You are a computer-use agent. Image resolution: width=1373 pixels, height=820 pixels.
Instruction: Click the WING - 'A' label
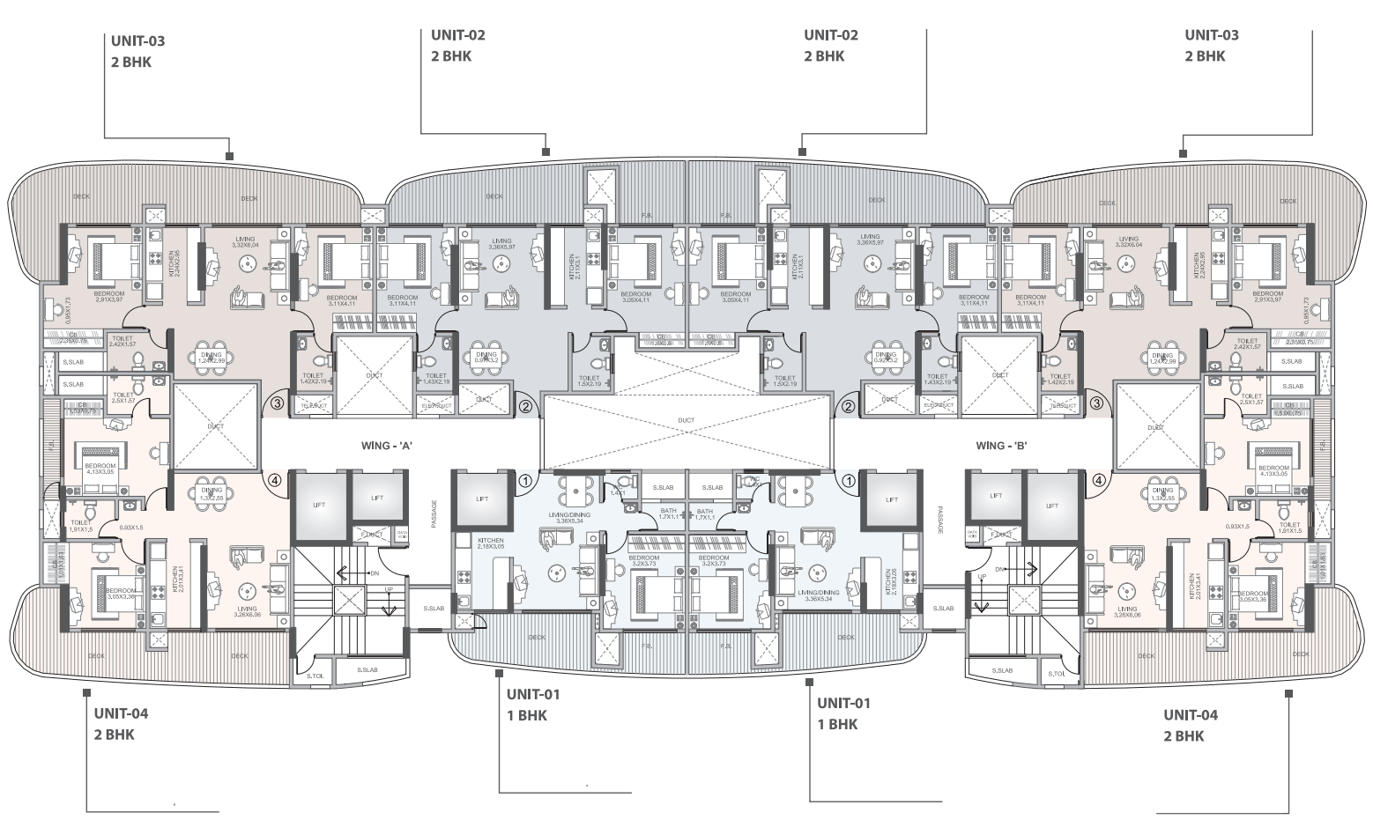coord(382,446)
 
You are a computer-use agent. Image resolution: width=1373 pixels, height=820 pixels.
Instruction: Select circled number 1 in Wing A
coord(525,481)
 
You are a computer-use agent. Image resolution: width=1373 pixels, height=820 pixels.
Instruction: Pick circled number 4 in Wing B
coord(1098,481)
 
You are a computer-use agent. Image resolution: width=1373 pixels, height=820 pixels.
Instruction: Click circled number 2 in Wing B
coord(848,406)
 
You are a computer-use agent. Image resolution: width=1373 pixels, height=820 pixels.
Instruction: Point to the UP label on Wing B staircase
coord(980,575)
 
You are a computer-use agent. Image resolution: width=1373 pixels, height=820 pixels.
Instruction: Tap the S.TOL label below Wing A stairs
coord(314,676)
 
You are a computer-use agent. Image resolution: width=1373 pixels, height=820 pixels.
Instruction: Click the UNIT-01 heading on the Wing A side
coord(532,694)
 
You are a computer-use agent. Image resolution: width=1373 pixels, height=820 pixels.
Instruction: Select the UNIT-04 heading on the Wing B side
coord(1190,714)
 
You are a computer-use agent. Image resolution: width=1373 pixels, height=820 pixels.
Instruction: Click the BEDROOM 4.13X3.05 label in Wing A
coord(100,469)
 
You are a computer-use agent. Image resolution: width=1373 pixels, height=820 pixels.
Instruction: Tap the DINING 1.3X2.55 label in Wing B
coord(1161,494)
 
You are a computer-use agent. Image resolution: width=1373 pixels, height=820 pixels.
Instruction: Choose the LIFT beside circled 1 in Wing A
coord(482,499)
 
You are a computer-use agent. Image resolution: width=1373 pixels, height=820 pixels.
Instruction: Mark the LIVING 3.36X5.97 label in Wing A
coord(501,243)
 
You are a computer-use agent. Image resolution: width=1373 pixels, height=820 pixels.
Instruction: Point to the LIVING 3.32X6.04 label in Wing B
coord(1127,242)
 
